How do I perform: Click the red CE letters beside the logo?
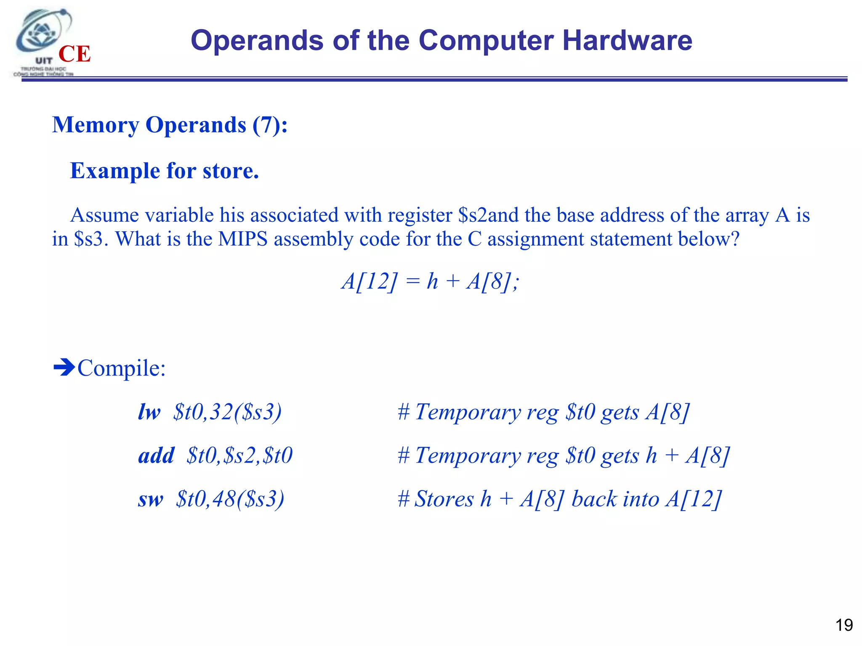tap(74, 54)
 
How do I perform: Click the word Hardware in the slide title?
tap(627, 41)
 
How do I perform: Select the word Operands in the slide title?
tap(257, 41)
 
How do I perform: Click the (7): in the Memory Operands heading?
tap(270, 125)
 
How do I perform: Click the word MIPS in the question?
tap(243, 239)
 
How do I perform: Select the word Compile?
tap(122, 368)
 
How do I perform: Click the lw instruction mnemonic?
tap(149, 412)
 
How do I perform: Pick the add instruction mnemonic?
tap(156, 455)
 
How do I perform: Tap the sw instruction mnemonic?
tap(150, 499)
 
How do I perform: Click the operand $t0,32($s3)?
tap(227, 412)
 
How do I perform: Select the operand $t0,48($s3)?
tap(230, 499)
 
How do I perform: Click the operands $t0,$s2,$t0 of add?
tap(239, 455)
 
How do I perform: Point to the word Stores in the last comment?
tap(444, 499)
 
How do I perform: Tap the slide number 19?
tap(843, 625)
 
